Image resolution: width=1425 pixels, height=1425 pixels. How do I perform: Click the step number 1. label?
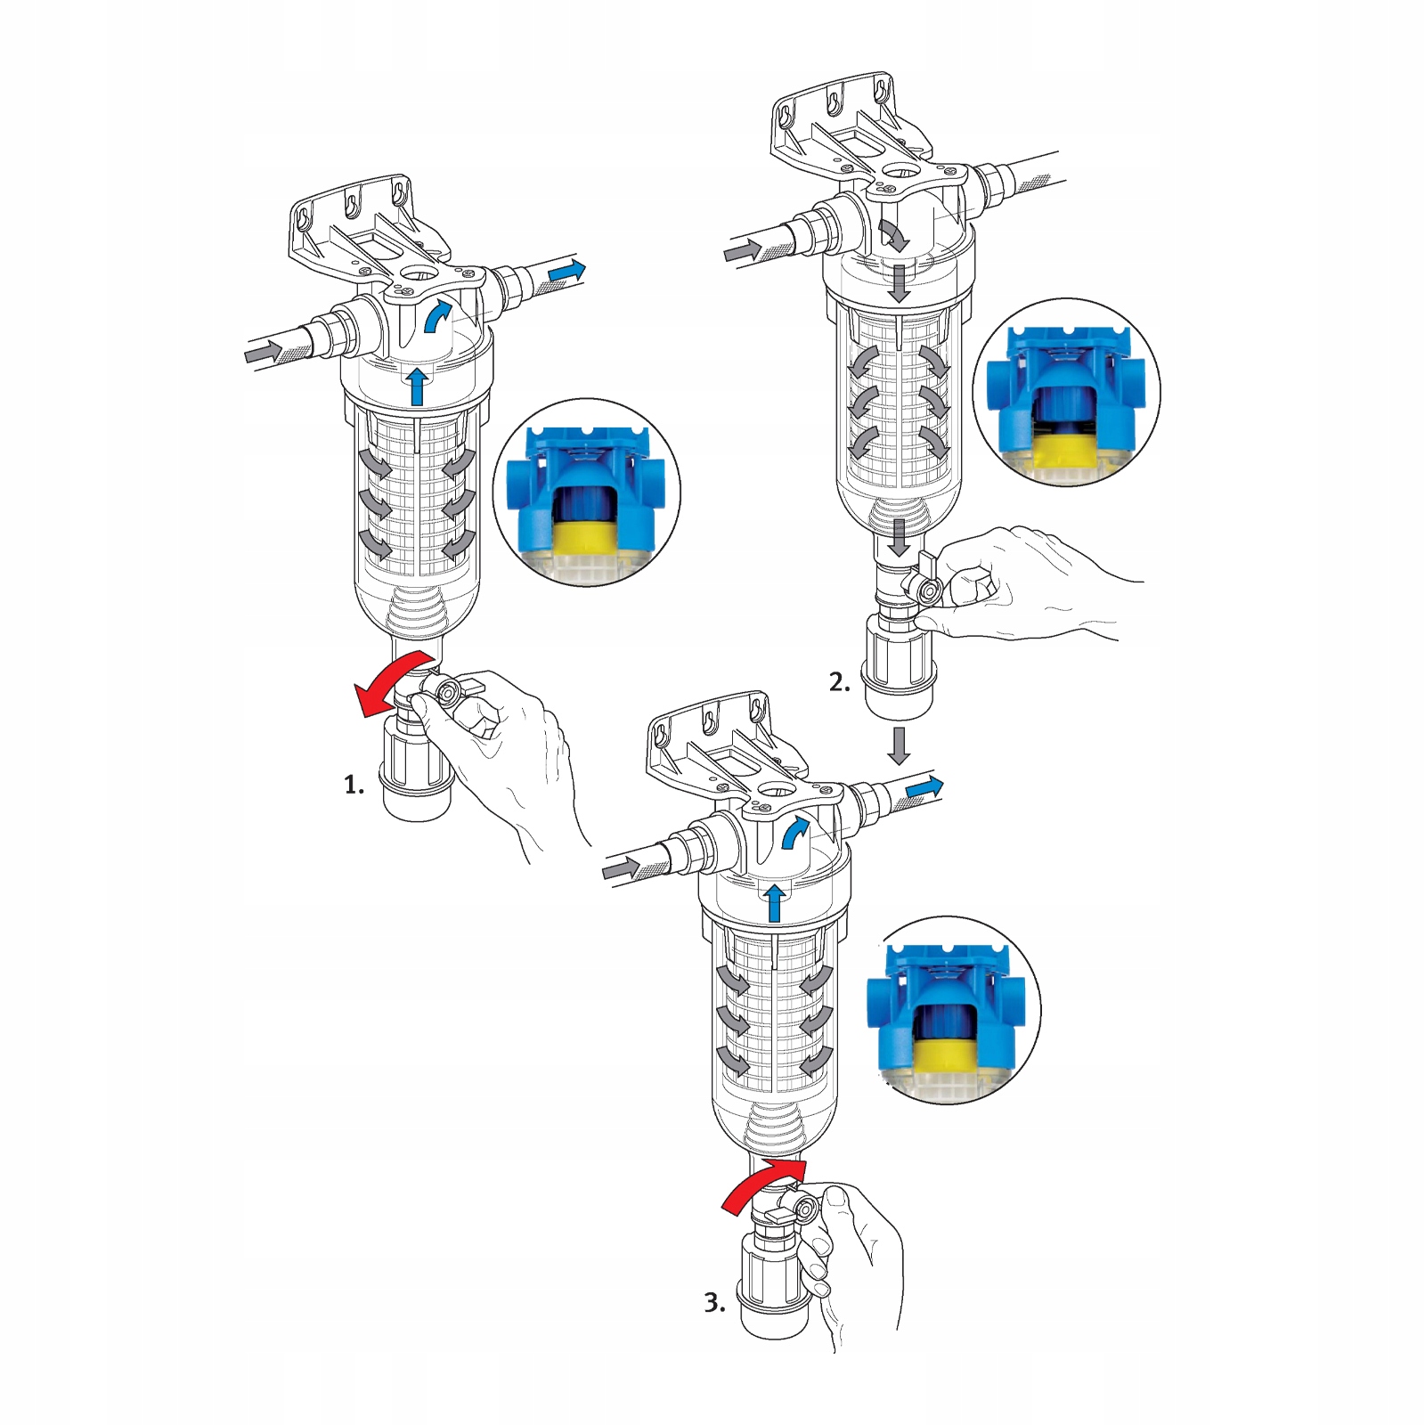pos(354,785)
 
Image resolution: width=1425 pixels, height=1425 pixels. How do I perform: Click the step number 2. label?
pos(839,682)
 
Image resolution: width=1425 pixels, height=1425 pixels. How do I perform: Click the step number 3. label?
pos(714,1303)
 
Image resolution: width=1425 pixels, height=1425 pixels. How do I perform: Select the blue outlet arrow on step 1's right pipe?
pos(566,271)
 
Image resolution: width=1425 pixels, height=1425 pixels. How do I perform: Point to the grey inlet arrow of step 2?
pos(743,251)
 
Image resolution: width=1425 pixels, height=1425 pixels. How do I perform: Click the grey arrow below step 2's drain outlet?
pos(899,746)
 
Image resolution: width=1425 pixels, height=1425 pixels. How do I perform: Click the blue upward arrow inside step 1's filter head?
pos(416,385)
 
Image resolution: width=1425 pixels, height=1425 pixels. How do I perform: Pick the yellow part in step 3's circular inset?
pos(946,1056)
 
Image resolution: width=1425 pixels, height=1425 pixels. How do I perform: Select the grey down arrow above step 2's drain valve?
pos(900,537)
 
